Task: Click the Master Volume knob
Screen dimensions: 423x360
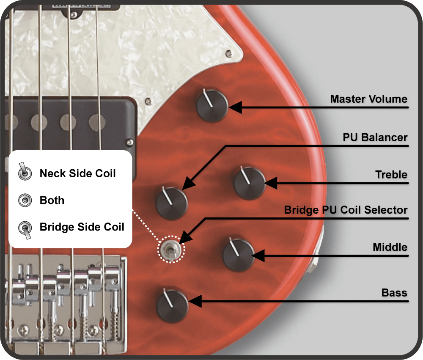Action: point(212,106)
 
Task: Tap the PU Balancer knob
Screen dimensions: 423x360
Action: point(172,203)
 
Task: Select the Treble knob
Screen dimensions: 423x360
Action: point(250,183)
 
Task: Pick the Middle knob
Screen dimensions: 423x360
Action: point(239,255)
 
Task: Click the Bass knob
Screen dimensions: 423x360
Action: point(173,306)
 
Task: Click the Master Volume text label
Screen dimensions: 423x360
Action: point(368,99)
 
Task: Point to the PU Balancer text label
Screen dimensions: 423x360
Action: point(375,137)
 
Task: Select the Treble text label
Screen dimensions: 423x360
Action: point(391,175)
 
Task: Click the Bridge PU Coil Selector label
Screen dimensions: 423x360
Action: point(346,210)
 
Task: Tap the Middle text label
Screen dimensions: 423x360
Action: point(390,247)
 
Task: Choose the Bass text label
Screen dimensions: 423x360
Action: point(394,293)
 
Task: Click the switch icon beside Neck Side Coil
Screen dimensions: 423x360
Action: point(25,172)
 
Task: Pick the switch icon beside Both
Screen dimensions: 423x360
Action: point(25,200)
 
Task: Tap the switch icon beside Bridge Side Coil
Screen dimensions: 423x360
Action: point(25,230)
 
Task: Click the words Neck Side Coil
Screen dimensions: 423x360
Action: point(78,173)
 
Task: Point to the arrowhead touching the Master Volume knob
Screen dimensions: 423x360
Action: point(235,107)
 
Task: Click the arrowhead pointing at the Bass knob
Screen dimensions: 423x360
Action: point(195,301)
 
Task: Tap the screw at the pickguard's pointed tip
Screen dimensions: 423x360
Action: point(228,53)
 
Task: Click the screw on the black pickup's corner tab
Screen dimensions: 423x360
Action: point(130,142)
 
